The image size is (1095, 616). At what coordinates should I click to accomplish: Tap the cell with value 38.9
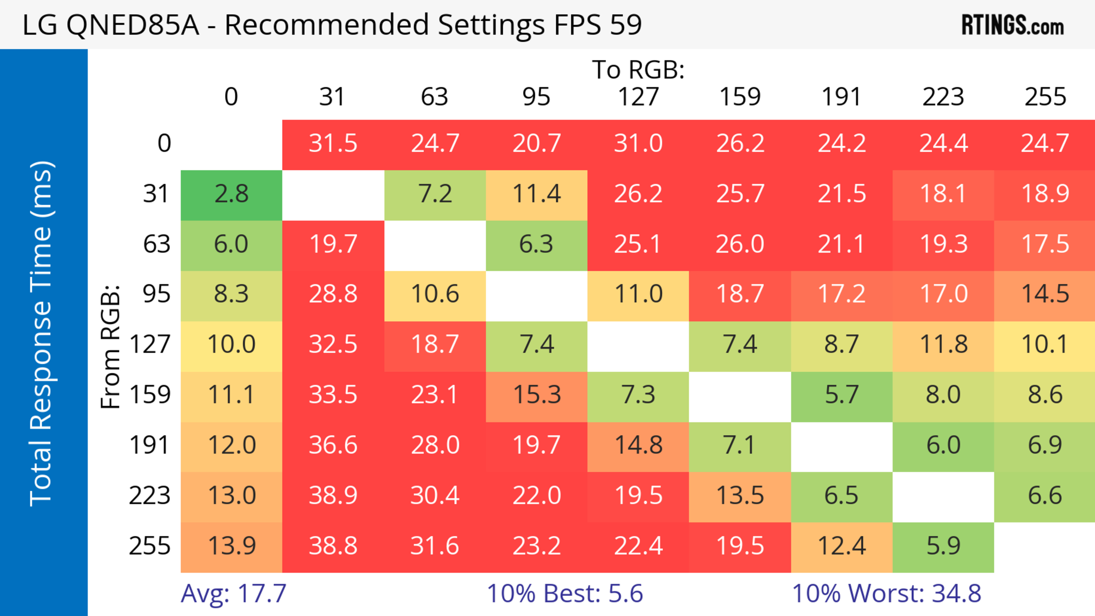click(333, 496)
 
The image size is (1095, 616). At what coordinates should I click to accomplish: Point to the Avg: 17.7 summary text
click(233, 593)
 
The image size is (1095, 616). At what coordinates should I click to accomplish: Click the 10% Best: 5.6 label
click(565, 593)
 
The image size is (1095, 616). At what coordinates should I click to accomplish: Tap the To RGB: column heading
click(638, 70)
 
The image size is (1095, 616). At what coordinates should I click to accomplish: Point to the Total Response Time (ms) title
click(41, 334)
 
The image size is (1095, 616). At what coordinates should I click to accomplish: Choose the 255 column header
click(1045, 97)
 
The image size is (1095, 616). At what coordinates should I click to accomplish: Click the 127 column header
click(638, 97)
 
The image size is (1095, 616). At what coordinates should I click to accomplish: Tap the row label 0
click(164, 144)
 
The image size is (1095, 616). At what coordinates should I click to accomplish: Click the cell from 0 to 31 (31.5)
click(333, 144)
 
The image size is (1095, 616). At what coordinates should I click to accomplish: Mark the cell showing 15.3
click(536, 395)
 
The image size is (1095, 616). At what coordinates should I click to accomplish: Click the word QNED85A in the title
click(133, 25)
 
